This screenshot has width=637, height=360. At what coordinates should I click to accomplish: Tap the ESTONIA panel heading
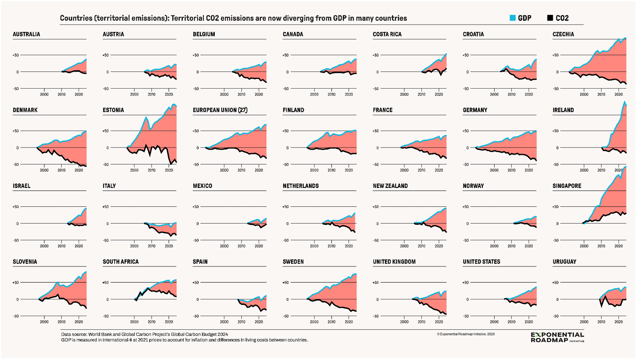click(113, 110)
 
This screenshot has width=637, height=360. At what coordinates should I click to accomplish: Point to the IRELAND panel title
click(563, 110)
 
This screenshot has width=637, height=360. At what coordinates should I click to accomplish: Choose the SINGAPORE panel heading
click(567, 186)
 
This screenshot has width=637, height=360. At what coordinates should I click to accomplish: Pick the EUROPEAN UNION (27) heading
click(220, 110)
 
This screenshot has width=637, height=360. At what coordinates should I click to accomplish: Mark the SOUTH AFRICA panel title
click(120, 262)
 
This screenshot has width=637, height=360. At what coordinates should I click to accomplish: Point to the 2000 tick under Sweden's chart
click(314, 322)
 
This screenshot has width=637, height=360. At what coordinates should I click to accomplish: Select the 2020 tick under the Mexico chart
click(258, 246)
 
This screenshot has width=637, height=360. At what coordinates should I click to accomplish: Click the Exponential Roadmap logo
click(557, 337)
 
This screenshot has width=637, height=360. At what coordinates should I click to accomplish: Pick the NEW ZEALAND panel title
click(390, 186)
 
